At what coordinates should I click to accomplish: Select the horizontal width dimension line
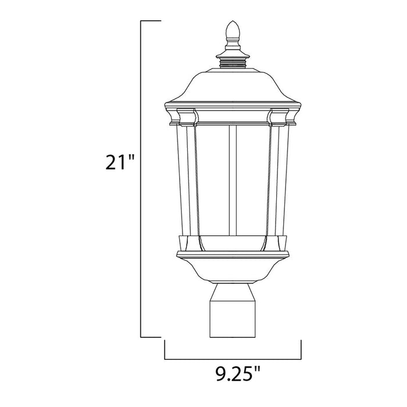click(233, 358)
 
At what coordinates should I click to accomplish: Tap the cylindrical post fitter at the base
click(233, 312)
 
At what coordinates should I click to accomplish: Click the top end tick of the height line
click(151, 22)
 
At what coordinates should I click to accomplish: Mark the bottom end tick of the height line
click(151, 337)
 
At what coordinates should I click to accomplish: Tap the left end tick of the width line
click(165, 349)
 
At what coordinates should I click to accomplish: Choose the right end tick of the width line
click(301, 349)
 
